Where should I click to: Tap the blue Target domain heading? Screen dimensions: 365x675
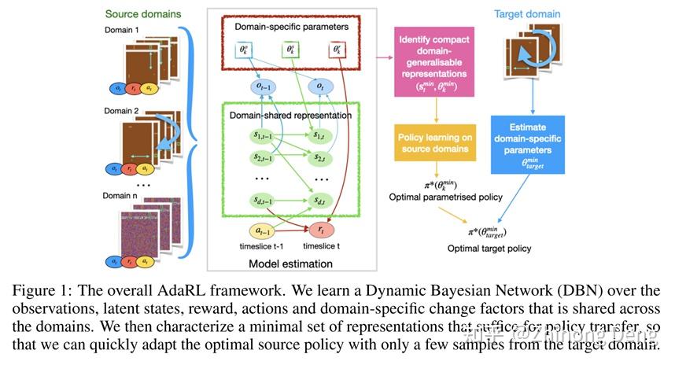(527, 13)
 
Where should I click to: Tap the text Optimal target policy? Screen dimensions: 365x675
(489, 249)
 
